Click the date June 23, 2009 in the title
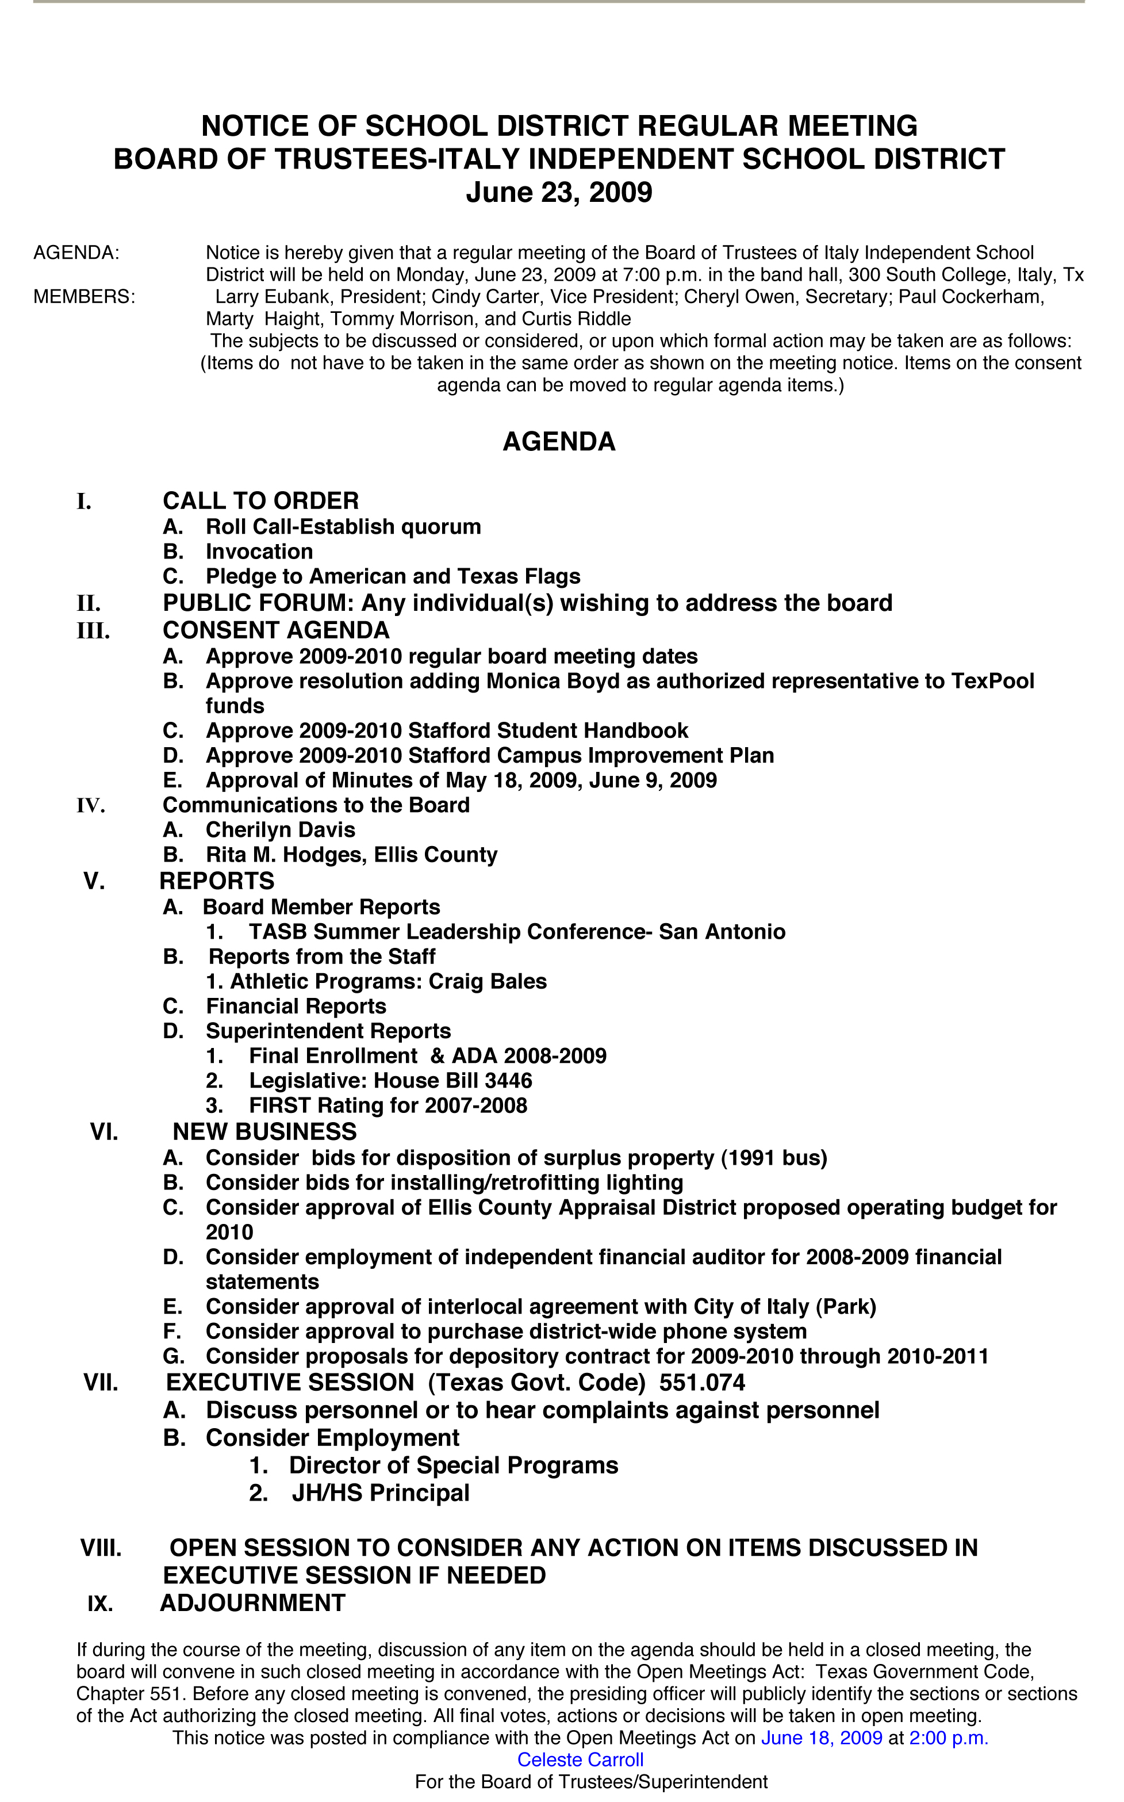[559, 193]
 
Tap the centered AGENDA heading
[559, 442]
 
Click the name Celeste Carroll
[580, 1759]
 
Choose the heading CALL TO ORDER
[261, 500]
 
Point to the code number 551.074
[702, 1383]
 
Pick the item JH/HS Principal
[381, 1493]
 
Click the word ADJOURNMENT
[253, 1602]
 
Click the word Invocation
[259, 552]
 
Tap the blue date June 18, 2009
[822, 1738]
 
